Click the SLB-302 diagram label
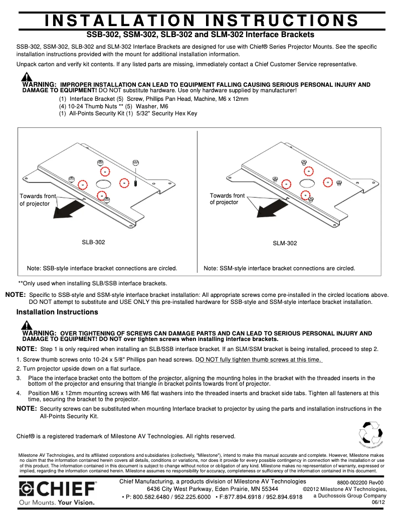coord(93,242)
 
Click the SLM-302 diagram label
coord(285,243)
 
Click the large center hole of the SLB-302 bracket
coord(103,184)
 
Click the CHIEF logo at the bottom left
coord(58,489)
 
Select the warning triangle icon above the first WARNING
coord(27,77)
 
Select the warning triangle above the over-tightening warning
coord(27,323)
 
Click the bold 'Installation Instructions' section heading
coord(57,312)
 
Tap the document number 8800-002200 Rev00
coord(360,482)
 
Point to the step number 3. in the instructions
coord(19,378)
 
